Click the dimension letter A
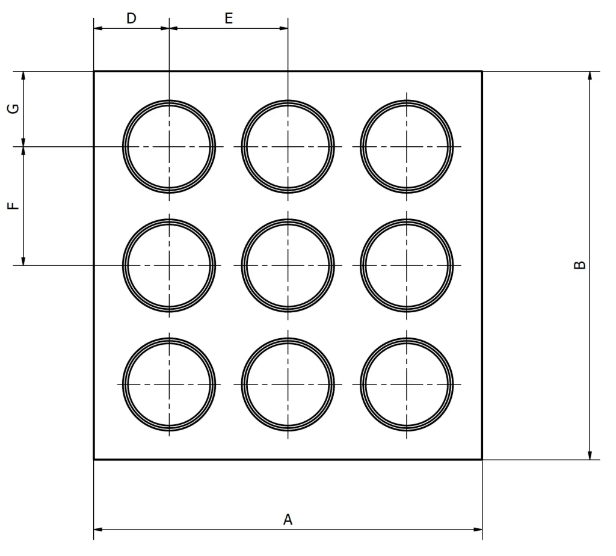tap(288, 519)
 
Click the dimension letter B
tap(579, 265)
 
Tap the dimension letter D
tap(131, 18)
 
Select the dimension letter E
tap(229, 18)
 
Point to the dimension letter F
tap(14, 205)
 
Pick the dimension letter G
tap(14, 109)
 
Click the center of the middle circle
tap(288, 265)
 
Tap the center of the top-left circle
tap(169, 147)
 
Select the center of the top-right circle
tap(407, 147)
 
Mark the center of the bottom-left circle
tap(169, 385)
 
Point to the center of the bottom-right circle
tap(407, 385)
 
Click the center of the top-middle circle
tap(288, 147)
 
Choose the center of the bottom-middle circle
tap(288, 385)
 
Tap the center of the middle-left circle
tap(169, 265)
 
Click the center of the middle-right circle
tap(407, 265)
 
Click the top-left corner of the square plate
tap(94, 72)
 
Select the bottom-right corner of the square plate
tap(482, 459)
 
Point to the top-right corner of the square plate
tap(482, 72)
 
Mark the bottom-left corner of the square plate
tap(94, 459)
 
